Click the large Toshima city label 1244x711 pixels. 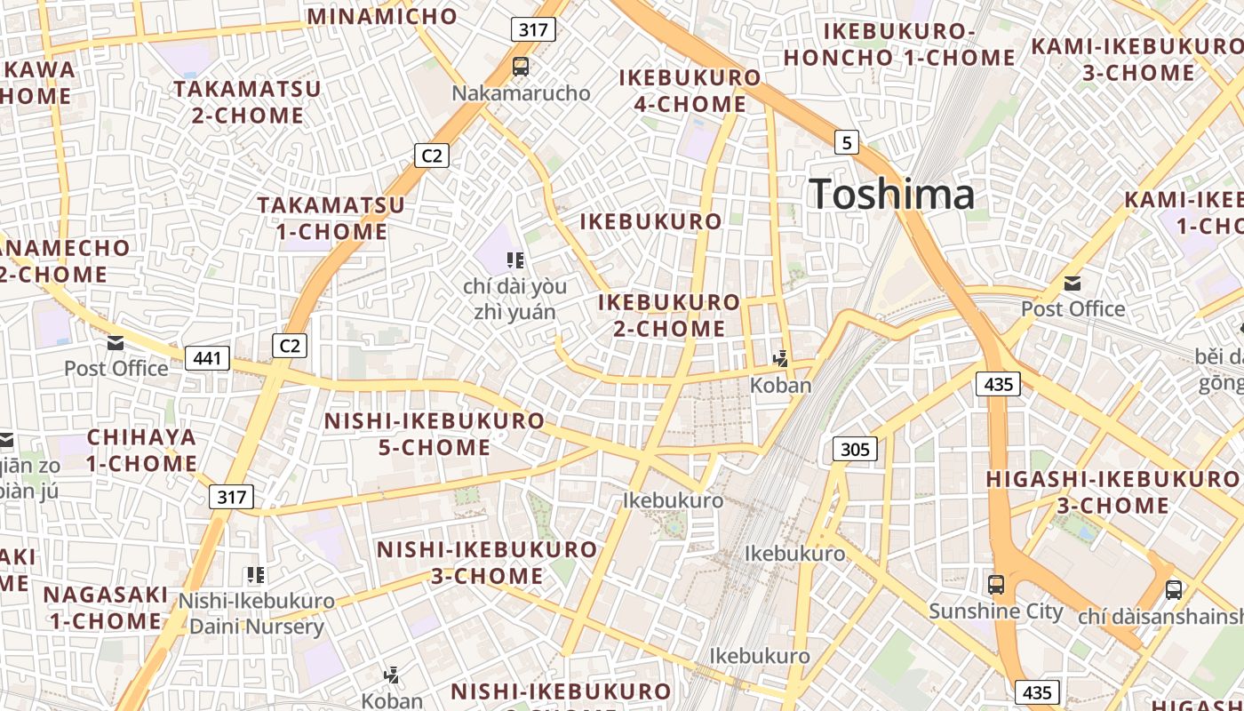point(891,195)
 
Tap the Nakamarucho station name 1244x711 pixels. point(521,92)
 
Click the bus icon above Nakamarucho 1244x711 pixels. point(521,66)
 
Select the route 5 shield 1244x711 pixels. point(847,141)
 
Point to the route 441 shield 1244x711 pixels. point(207,358)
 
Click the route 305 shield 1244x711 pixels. point(855,449)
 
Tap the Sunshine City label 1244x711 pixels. point(995,611)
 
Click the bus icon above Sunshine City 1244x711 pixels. point(996,585)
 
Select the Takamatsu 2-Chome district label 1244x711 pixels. point(247,102)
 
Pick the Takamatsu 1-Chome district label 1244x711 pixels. point(331,219)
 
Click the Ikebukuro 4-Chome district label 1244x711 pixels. point(690,91)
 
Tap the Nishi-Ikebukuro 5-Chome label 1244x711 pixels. point(435,434)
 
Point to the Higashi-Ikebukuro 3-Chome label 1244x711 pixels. point(1112,492)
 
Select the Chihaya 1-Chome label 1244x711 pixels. point(141,450)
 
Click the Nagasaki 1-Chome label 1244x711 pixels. point(106,607)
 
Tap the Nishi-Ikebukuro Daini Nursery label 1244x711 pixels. point(256,613)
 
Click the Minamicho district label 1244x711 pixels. point(382,16)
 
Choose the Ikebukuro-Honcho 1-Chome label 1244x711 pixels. point(899,44)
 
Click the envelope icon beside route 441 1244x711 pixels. point(115,343)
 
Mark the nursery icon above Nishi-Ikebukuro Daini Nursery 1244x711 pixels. point(256,575)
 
